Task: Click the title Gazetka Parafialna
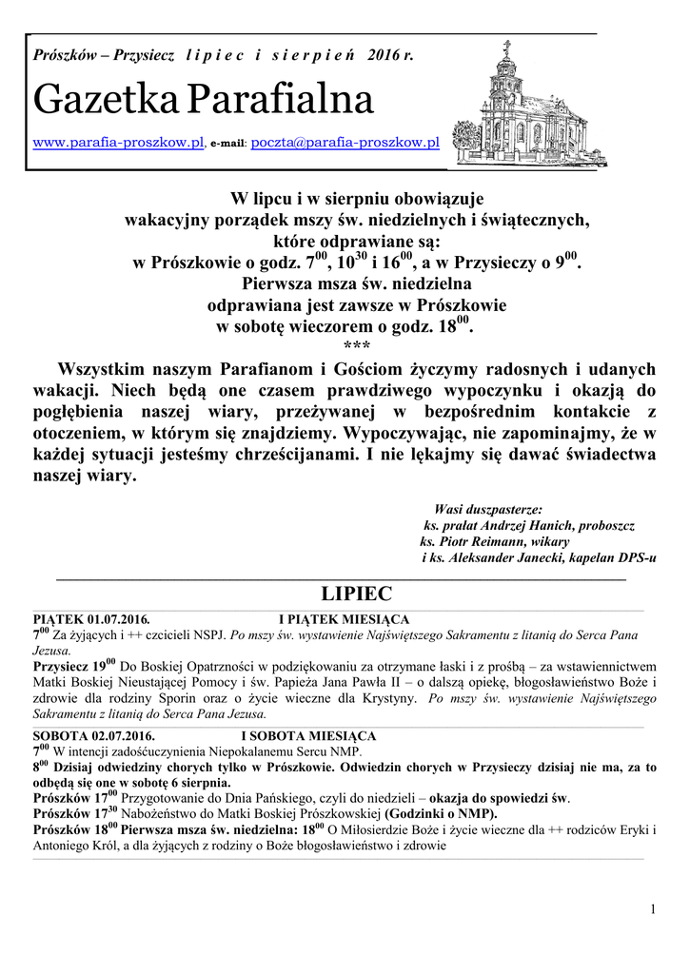tap(203, 99)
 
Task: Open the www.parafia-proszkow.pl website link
tap(119, 143)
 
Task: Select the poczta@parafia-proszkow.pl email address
tap(344, 143)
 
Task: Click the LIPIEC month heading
tap(357, 594)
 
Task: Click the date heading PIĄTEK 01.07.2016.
tap(91, 619)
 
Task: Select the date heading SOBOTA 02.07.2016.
tap(93, 736)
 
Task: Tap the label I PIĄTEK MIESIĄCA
tap(344, 619)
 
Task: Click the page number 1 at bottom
tap(653, 910)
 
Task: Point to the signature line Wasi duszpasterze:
tap(488, 509)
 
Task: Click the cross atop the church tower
tap(506, 45)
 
